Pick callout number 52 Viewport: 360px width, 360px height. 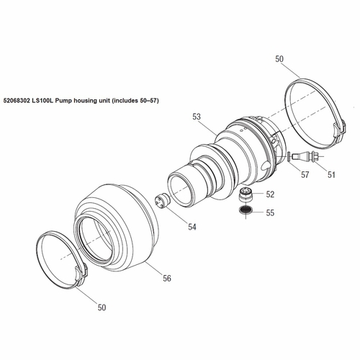270,194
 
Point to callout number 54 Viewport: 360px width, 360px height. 192,227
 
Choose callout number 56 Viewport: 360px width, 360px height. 166,278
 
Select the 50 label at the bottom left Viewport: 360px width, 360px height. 102,307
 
